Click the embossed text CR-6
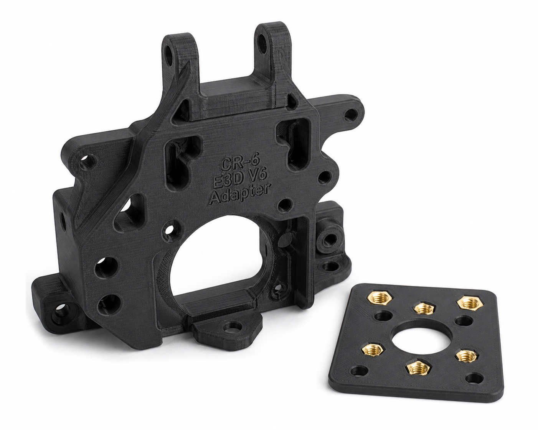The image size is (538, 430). click(238, 162)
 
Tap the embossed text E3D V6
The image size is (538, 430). click(239, 179)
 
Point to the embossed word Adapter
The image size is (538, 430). click(239, 197)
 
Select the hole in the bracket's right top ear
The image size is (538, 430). click(262, 44)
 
